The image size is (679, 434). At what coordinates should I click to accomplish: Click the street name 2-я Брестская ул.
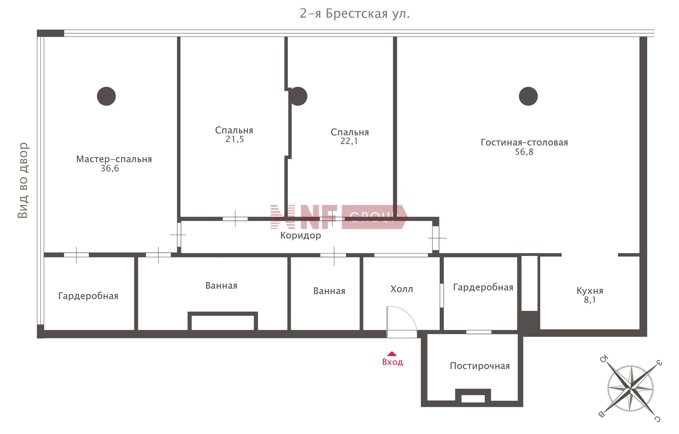[x=355, y=13]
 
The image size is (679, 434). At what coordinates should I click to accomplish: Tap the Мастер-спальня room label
[x=114, y=159]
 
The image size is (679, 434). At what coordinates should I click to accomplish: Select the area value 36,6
[x=110, y=169]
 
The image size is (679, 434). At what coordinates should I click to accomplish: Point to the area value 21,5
[x=235, y=139]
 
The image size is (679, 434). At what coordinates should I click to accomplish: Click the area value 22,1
[x=349, y=141]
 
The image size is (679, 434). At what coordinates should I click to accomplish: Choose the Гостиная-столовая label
[x=524, y=142]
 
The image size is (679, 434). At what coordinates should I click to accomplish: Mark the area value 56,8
[x=524, y=152]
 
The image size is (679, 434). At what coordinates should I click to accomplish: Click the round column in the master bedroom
[x=106, y=96]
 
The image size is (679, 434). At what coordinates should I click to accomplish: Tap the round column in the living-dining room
[x=528, y=96]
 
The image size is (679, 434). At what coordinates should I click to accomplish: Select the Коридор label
[x=301, y=235]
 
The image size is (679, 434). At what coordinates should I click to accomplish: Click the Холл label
[x=402, y=289]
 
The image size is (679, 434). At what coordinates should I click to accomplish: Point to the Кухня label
[x=590, y=291]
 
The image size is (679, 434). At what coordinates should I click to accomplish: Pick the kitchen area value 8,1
[x=590, y=300]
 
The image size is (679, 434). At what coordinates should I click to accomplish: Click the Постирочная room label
[x=480, y=366]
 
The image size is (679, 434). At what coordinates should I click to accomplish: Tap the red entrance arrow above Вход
[x=392, y=353]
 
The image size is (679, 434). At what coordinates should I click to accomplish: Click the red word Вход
[x=393, y=362]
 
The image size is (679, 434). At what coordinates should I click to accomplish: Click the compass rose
[x=631, y=388]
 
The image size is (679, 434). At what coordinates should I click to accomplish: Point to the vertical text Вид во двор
[x=23, y=180]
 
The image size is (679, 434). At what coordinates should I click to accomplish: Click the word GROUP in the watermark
[x=374, y=217]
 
